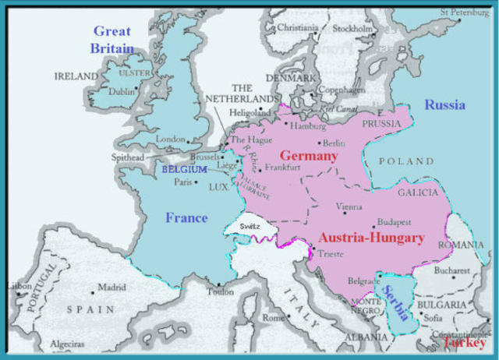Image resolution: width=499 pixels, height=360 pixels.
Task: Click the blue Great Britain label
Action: pyautogui.click(x=112, y=39)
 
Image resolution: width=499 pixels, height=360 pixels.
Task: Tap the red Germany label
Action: pyautogui.click(x=309, y=155)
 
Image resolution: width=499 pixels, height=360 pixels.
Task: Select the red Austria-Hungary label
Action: pyautogui.click(x=371, y=238)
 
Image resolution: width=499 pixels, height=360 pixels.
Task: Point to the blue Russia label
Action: pyautogui.click(x=444, y=104)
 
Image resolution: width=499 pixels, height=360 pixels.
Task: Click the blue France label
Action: pyautogui.click(x=186, y=217)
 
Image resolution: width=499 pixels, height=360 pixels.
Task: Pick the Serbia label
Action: pyautogui.click(x=395, y=302)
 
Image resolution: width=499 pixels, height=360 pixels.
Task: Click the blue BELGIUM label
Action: pyautogui.click(x=184, y=169)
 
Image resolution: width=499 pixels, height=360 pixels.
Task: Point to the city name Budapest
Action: pyautogui.click(x=394, y=222)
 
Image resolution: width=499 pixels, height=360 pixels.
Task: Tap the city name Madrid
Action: pyautogui.click(x=111, y=287)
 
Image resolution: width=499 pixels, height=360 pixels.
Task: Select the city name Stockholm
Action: pyautogui.click(x=352, y=30)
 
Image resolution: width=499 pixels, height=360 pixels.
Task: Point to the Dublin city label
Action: pyautogui.click(x=122, y=90)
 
